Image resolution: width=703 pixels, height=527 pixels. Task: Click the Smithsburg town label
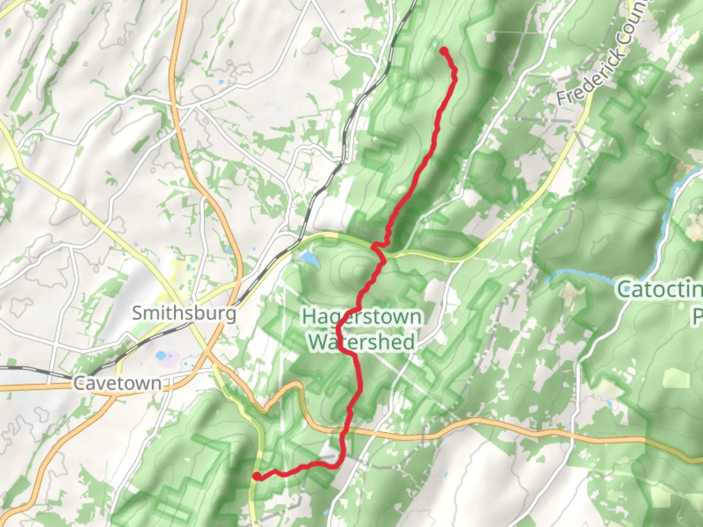pos(184,313)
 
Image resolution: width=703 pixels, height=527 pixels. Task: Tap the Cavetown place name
pos(117,383)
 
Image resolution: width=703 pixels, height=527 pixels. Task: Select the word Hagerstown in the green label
pos(361,316)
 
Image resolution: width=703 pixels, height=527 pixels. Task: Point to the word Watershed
pos(361,342)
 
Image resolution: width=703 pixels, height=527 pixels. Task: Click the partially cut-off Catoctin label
pos(659,289)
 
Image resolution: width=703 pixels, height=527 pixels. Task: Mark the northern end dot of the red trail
pos(444,51)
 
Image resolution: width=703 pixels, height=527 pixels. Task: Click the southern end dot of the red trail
pos(256,476)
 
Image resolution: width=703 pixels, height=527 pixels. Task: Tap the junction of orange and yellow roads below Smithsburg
pos(210,354)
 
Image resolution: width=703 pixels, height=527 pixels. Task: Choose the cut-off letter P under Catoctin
pos(697,316)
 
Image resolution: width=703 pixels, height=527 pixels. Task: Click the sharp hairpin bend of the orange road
pos(294,385)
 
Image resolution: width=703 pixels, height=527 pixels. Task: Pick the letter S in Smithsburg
pos(138,313)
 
